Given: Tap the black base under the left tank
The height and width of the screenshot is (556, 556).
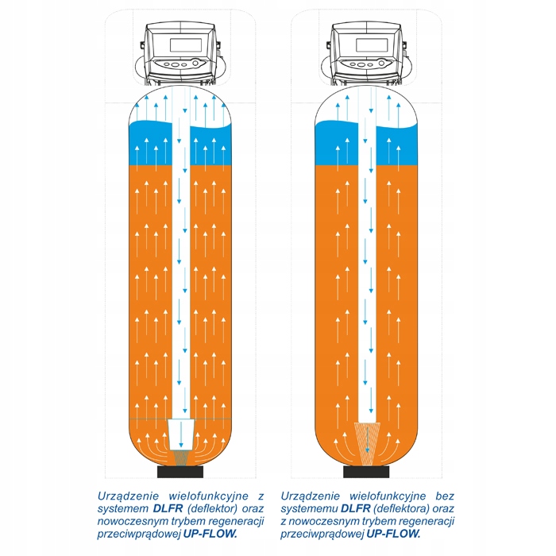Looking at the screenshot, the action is click(x=181, y=472).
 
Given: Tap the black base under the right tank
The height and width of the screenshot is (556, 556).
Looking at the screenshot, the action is click(x=366, y=472).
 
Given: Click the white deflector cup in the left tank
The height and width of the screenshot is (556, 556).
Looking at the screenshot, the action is click(x=182, y=432).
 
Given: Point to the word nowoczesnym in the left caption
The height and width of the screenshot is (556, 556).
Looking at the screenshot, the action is click(x=135, y=521).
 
